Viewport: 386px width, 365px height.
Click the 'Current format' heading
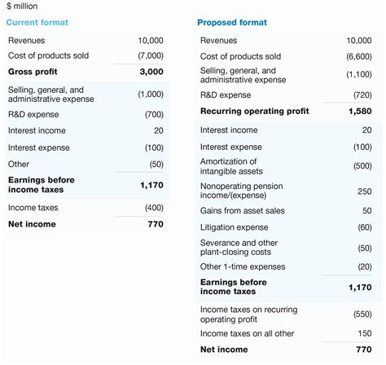[x=37, y=22]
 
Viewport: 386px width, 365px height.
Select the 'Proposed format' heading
[x=232, y=22]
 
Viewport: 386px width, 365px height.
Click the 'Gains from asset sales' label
[x=243, y=211]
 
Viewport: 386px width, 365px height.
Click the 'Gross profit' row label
[x=32, y=72]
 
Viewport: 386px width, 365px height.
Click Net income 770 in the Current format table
[x=155, y=224]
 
